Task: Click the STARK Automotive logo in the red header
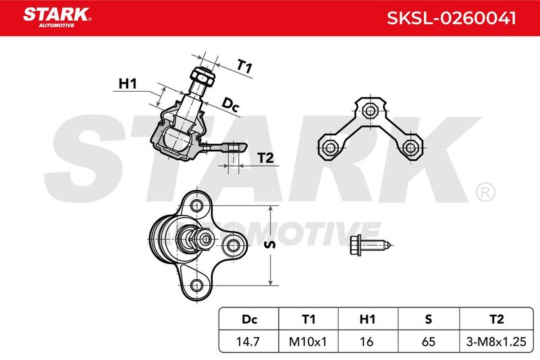click(57, 18)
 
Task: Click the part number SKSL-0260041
click(452, 18)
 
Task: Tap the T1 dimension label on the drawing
click(245, 66)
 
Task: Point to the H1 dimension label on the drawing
click(128, 83)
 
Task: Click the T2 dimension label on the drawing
click(265, 158)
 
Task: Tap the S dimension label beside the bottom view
click(271, 245)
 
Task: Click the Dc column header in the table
click(249, 319)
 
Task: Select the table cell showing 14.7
click(248, 342)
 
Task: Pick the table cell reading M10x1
click(308, 342)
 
